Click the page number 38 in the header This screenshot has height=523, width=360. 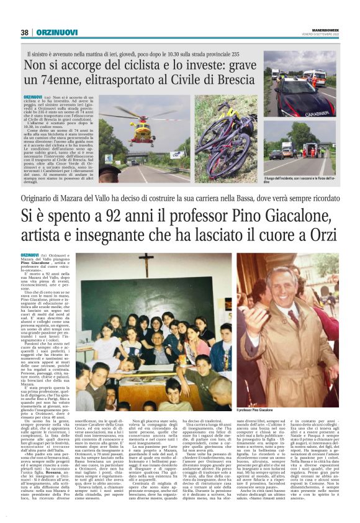(25, 32)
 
